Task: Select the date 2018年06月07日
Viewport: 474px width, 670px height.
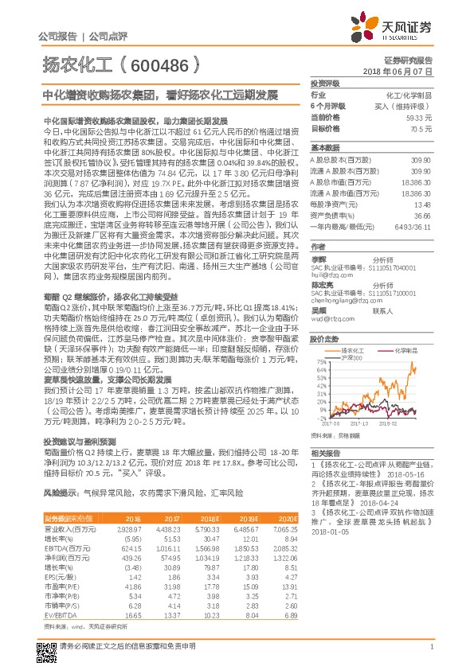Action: [x=398, y=72]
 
